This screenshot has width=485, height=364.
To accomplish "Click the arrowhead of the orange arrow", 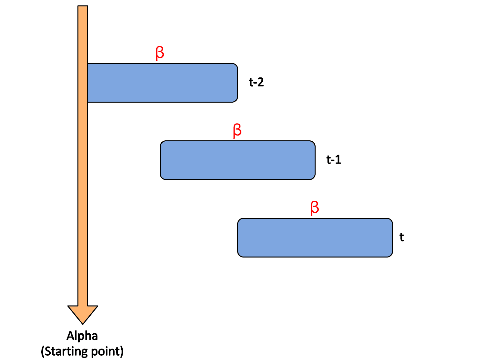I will point(83,314).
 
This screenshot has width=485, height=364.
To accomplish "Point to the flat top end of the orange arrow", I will point(83,6).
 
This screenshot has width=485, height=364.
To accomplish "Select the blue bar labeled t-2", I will point(163,83).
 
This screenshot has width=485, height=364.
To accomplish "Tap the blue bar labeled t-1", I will point(237,160).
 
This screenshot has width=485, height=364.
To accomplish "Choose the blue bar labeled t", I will point(315,238).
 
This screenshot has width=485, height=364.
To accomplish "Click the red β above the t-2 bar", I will point(160,53).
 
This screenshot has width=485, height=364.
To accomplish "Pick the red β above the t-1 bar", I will point(237,131).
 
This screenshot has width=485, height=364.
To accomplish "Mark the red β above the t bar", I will point(315,208).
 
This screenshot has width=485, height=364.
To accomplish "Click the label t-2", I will point(256,82).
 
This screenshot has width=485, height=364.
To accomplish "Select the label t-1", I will point(334,160).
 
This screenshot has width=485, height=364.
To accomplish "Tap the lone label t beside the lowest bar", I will point(402,237).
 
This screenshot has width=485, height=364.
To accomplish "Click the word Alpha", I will point(82,336).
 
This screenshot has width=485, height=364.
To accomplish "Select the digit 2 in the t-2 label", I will point(260,82).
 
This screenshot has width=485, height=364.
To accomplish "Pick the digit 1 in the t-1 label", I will point(338,160).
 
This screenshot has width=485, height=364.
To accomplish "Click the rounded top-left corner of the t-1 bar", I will point(162,143).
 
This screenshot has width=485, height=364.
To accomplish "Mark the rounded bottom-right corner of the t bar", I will point(390,255).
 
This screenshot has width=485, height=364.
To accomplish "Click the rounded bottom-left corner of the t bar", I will point(240,255).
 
